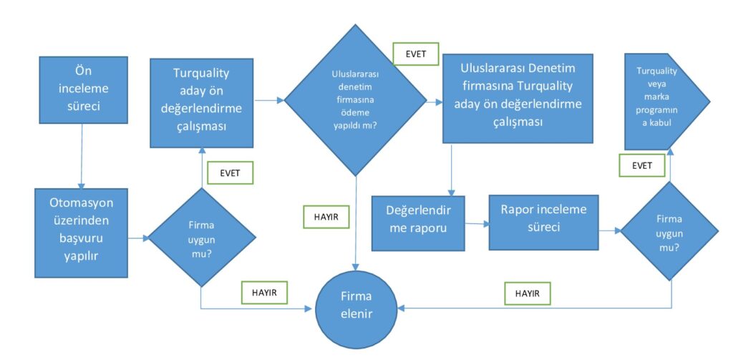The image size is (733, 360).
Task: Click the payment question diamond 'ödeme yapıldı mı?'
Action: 356,100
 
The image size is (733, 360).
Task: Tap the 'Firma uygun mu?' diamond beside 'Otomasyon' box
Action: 200,236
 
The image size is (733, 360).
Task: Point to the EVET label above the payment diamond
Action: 415,53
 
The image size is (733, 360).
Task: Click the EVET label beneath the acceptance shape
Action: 642,165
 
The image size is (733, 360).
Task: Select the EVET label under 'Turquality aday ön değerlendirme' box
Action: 229,172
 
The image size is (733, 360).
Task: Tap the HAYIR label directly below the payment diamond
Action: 326,217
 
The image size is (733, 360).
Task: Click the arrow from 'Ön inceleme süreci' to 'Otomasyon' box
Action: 82,155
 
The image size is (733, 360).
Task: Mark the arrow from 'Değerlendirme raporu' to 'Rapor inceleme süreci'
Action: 477,224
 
